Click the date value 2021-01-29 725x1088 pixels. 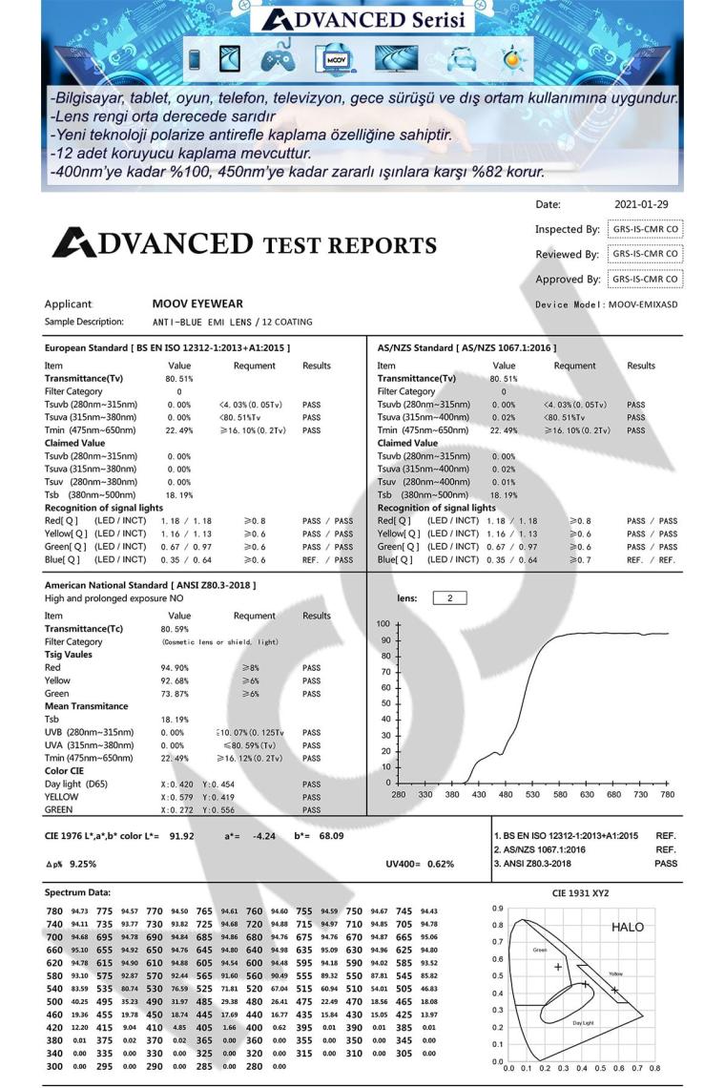pos(642,203)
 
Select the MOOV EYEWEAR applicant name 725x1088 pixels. pos(197,303)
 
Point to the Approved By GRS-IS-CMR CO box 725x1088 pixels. pos(645,279)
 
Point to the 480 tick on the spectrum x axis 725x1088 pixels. pos(479,794)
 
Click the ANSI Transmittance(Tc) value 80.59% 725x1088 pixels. pos(176,630)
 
